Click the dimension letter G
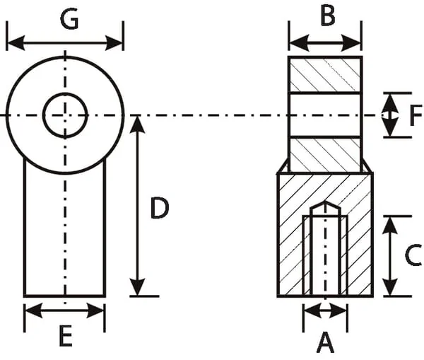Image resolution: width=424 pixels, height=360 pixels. (69, 20)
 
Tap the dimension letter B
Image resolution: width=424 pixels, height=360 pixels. (328, 16)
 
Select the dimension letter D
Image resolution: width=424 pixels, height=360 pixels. (159, 208)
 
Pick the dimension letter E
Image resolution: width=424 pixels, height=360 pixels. (66, 336)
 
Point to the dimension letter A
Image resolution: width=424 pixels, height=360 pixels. (325, 343)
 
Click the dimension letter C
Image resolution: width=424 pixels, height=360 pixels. (413, 255)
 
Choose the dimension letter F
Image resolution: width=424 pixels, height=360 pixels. (416, 116)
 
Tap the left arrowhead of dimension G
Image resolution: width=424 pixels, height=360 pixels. (16, 42)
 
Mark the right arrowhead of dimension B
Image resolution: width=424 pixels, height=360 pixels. (351, 42)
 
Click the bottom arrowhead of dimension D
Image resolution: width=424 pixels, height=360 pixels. (138, 287)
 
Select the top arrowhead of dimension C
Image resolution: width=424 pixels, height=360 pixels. (391, 225)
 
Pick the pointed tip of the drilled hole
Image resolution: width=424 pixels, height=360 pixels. (325, 202)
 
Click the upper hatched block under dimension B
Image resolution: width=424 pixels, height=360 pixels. (325, 75)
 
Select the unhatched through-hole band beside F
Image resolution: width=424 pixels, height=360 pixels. (325, 115)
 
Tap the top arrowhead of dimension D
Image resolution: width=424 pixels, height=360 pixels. (138, 124)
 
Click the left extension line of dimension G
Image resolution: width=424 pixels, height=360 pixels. (7, 36)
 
